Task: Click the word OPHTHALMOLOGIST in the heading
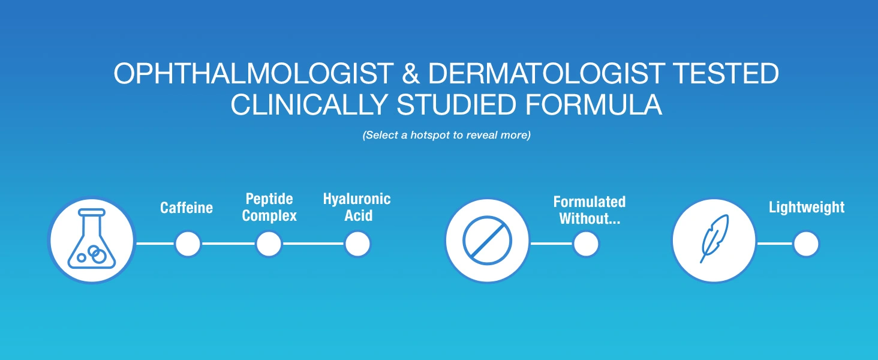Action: (254, 73)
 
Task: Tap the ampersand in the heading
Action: (410, 73)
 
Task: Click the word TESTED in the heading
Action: (725, 73)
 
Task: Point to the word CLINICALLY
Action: (309, 104)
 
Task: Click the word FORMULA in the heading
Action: (594, 104)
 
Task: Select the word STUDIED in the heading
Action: (456, 104)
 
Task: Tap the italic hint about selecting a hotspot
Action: (446, 135)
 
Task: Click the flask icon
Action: (92, 240)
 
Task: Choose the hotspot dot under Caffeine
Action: (188, 244)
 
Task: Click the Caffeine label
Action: (187, 208)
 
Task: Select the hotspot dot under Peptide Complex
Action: (269, 244)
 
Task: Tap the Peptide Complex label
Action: (269, 207)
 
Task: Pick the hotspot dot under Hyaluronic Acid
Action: (357, 244)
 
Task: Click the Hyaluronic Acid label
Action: (357, 207)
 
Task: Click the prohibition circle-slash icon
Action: (487, 241)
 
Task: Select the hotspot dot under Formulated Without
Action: (586, 244)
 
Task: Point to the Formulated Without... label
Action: (590, 210)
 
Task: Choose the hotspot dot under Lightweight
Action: (806, 244)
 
